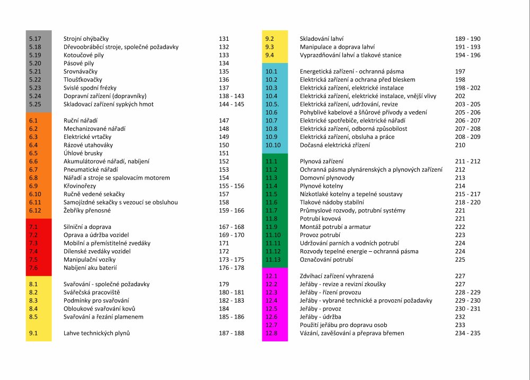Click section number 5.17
pos(34,39)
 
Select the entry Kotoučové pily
pos(83,55)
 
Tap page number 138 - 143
pos(231,96)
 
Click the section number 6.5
pos(33,153)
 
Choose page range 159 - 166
pos(231,210)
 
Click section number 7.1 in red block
pos(33,227)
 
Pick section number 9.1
pos(33,333)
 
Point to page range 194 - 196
pos(467,55)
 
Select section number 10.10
pos(273,145)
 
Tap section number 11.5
pos(271,194)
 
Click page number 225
pos(460,260)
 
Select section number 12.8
pos(271,333)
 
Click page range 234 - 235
pos(467,333)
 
